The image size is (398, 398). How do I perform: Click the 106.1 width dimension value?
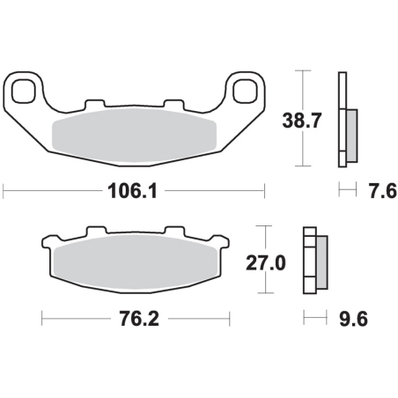click(x=132, y=191)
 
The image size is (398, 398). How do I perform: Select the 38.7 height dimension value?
click(x=302, y=121)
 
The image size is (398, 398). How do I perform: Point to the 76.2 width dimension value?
click(x=139, y=319)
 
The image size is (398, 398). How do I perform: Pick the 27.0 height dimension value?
click(x=266, y=263)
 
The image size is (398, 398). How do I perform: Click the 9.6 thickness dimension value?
click(x=353, y=319)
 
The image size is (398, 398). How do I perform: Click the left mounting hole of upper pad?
click(x=24, y=91)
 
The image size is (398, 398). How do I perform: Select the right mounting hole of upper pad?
click(x=245, y=91)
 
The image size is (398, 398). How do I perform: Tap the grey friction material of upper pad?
click(x=134, y=136)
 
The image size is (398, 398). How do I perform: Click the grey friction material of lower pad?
click(x=136, y=262)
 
